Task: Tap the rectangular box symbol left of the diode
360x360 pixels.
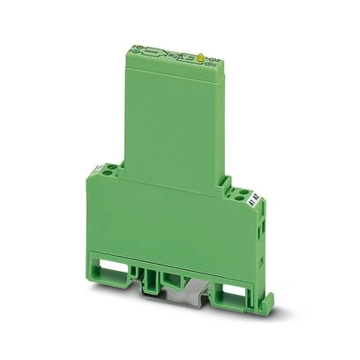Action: (152, 56)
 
